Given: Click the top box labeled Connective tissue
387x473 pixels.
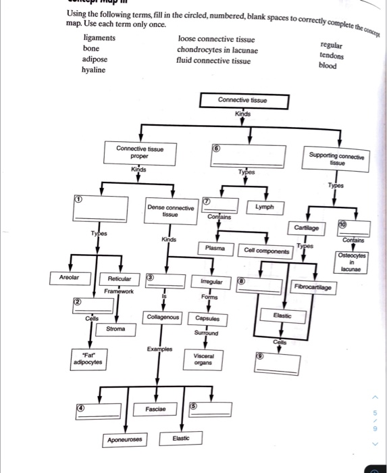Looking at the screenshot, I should [243, 100].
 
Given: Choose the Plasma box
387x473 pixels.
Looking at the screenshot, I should [215, 249].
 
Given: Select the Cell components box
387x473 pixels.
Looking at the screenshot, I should [267, 251].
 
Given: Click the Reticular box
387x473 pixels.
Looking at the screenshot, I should [119, 278].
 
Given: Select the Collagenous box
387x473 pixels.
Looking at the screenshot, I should [163, 317].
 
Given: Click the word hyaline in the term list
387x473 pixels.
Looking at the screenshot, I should [93, 70].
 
